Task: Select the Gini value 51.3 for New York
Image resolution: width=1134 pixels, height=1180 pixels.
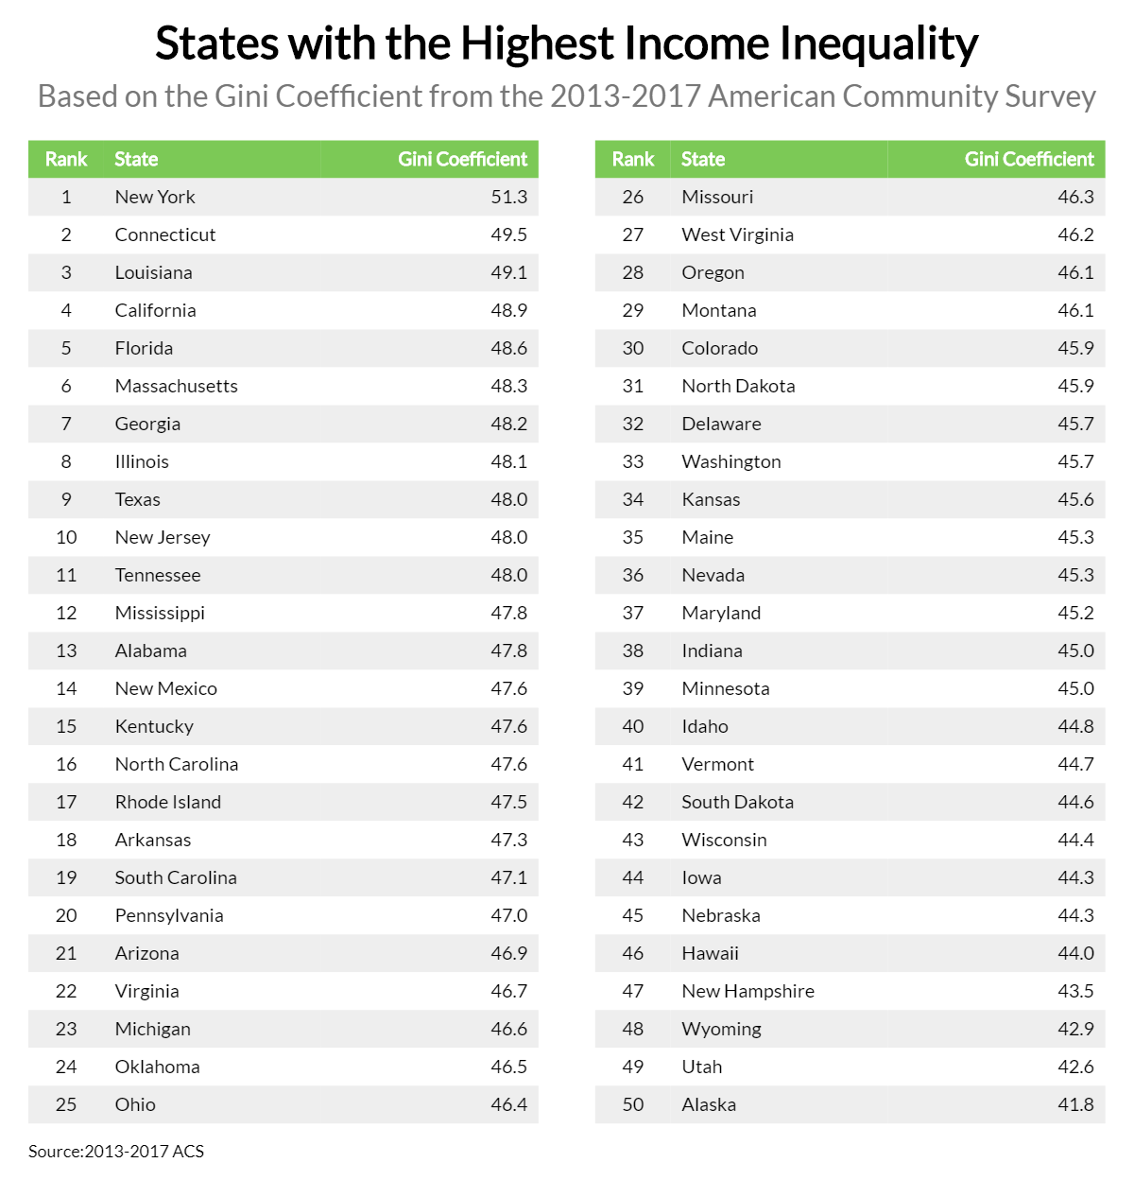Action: (508, 197)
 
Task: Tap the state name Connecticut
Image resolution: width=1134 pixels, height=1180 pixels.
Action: (165, 234)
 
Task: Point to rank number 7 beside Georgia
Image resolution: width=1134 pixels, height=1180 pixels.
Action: (66, 424)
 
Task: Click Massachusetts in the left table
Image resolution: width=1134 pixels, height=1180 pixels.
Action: (176, 386)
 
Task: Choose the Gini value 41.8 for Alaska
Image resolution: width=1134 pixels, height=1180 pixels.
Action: (1075, 1104)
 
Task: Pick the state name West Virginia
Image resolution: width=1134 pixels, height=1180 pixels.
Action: (737, 234)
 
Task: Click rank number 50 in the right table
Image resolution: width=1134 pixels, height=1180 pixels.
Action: (633, 1104)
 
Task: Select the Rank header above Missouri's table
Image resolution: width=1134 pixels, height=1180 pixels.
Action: (633, 159)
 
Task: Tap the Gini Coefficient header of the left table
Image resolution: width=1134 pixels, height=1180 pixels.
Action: (462, 159)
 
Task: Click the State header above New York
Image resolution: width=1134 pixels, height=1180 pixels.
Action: (136, 159)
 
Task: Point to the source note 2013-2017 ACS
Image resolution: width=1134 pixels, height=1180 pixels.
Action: (116, 1151)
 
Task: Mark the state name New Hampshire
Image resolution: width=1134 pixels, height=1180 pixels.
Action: (747, 991)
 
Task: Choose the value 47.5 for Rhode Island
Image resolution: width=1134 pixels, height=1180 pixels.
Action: (508, 802)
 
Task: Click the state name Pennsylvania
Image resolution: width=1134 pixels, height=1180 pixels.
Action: (169, 915)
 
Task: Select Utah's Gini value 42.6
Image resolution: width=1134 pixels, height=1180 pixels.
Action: (1075, 1067)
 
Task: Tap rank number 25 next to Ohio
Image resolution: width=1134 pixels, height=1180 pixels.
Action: (66, 1104)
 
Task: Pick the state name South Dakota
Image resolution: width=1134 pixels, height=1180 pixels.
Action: (737, 802)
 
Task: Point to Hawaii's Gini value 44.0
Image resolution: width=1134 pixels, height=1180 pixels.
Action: (1075, 953)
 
